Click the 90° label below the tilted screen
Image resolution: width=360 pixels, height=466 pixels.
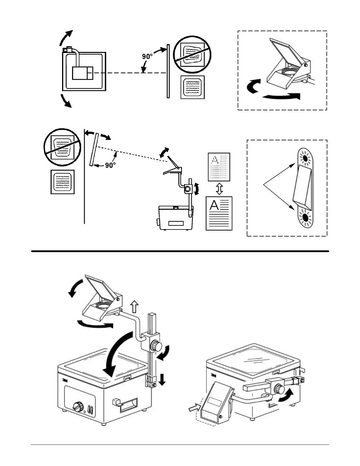tap(110, 165)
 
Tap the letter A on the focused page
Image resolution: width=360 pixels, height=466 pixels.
tap(214, 205)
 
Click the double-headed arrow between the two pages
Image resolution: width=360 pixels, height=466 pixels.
tap(219, 189)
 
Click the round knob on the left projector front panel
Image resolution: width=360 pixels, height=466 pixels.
tap(78, 407)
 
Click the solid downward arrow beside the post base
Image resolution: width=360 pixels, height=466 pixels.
tap(162, 380)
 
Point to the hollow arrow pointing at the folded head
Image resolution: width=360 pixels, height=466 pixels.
tap(194, 408)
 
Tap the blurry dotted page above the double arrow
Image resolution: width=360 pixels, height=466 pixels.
tap(219, 167)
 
